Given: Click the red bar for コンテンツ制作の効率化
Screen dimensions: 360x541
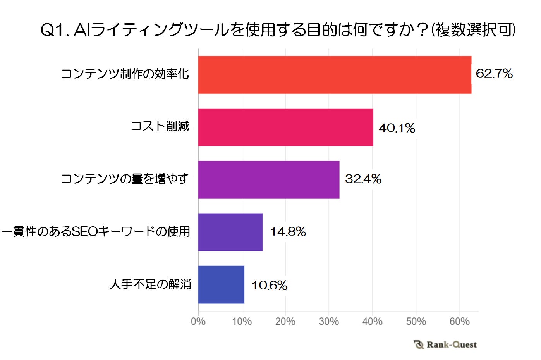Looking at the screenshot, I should (x=335, y=75).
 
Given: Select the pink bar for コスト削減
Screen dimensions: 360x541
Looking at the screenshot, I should (x=285, y=127).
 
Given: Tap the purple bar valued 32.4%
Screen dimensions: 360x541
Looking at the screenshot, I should (x=269, y=180).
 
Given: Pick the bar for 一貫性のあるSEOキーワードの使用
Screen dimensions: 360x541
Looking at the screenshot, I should (x=230, y=232).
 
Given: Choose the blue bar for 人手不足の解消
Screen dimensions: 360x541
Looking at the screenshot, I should (x=221, y=284).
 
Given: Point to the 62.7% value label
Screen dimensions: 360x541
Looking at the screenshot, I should (x=494, y=73).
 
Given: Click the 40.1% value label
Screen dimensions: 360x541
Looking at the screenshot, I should (x=397, y=128).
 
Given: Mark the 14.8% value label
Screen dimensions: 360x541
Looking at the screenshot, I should (x=288, y=232).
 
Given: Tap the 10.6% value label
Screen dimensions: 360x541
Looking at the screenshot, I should (x=270, y=286).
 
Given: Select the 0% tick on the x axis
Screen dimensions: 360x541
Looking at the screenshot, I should (x=198, y=321).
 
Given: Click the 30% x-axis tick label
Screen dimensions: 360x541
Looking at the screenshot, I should (x=329, y=321).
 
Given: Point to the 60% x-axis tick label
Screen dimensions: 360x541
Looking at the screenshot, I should (x=459, y=321).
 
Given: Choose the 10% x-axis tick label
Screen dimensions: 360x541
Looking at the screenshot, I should (x=242, y=321).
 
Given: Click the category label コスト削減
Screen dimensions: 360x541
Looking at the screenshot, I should (x=160, y=126).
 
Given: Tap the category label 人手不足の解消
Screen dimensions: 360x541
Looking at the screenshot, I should (x=150, y=284).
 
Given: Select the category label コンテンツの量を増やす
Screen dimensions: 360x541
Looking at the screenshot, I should (x=125, y=179).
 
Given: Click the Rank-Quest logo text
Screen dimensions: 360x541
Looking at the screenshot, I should (x=451, y=344).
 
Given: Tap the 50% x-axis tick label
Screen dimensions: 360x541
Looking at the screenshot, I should (x=416, y=321).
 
